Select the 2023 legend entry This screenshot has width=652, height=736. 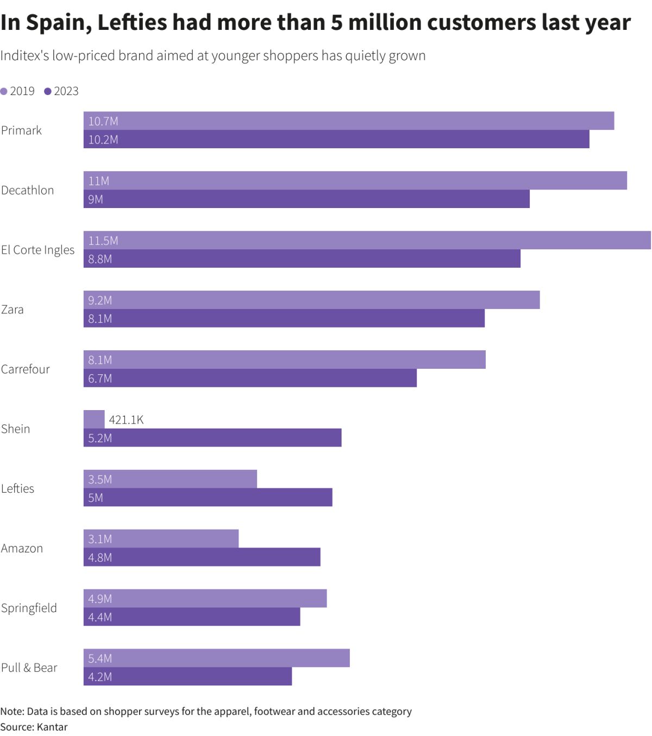61,91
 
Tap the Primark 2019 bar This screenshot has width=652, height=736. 348,121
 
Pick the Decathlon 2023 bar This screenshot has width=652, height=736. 306,199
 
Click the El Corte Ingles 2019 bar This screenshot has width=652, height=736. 367,240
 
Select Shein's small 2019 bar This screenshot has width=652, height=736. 94,419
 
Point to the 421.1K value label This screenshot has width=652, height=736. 126,420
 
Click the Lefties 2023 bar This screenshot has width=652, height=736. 208,498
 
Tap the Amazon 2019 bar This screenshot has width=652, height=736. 161,539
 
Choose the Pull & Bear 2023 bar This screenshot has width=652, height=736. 187,676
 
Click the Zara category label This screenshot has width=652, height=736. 12,310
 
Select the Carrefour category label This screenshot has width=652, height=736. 25,369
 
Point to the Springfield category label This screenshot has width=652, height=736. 29,608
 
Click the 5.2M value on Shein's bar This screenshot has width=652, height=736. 100,438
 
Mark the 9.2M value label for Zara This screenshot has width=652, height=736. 100,300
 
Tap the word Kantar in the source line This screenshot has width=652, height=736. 52,727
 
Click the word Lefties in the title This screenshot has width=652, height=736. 132,23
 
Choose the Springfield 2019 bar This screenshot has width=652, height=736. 205,599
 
